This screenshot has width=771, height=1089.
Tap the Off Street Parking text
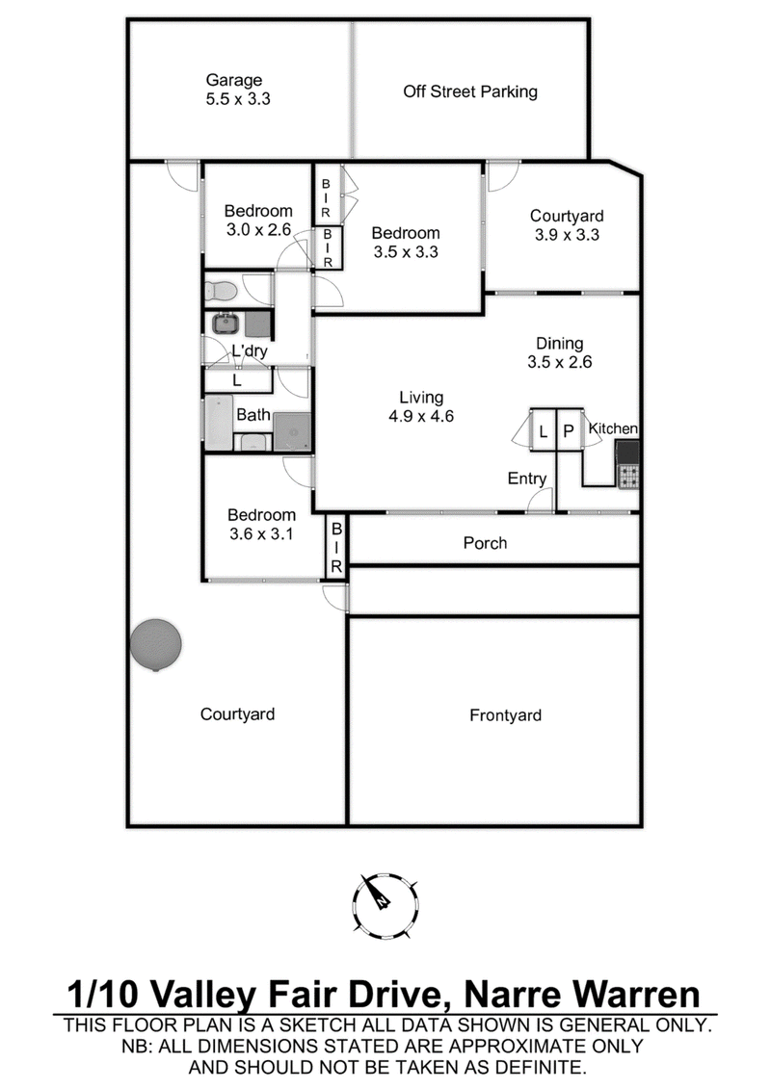pyautogui.click(x=470, y=92)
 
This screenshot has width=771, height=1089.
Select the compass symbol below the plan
pyautogui.click(x=385, y=903)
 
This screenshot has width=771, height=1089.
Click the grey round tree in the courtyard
pyautogui.click(x=155, y=644)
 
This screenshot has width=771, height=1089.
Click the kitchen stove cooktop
pyautogui.click(x=628, y=476)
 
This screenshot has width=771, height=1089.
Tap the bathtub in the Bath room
pyautogui.click(x=219, y=424)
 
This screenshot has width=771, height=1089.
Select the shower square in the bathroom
pyautogui.click(x=292, y=430)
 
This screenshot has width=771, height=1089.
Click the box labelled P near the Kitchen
pyautogui.click(x=569, y=432)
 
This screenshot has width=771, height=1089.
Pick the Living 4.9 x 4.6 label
pyautogui.click(x=421, y=406)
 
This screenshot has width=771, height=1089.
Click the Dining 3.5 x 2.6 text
pyautogui.click(x=559, y=352)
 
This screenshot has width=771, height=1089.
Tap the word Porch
pyautogui.click(x=485, y=543)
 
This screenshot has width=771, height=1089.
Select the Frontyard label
pyautogui.click(x=505, y=715)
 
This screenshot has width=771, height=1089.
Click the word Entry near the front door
pyautogui.click(x=527, y=479)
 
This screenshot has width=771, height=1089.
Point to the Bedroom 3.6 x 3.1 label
pyautogui.click(x=262, y=524)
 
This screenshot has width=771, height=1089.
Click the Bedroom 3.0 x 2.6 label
pyautogui.click(x=258, y=220)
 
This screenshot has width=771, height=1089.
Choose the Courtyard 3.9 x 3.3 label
pyautogui.click(x=567, y=224)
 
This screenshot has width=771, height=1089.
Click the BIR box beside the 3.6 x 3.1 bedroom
pyautogui.click(x=336, y=550)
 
